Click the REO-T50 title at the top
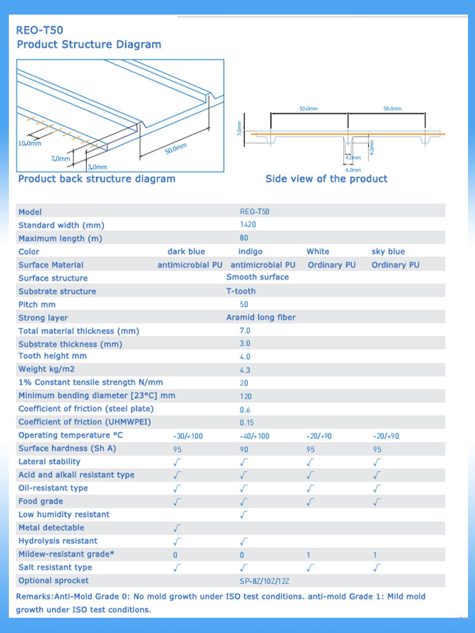click(x=40, y=30)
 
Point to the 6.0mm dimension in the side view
click(x=353, y=170)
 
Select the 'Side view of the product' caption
click(x=326, y=179)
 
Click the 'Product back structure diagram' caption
click(x=96, y=179)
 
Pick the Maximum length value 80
click(x=244, y=239)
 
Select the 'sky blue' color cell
click(x=388, y=252)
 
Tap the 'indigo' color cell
click(x=250, y=252)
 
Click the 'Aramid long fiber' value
click(x=261, y=318)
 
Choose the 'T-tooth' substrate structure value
click(x=241, y=291)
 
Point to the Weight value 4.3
click(x=245, y=370)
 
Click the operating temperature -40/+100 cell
click(x=255, y=436)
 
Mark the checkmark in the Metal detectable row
click(x=177, y=528)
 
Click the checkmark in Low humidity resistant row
click(x=244, y=515)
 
